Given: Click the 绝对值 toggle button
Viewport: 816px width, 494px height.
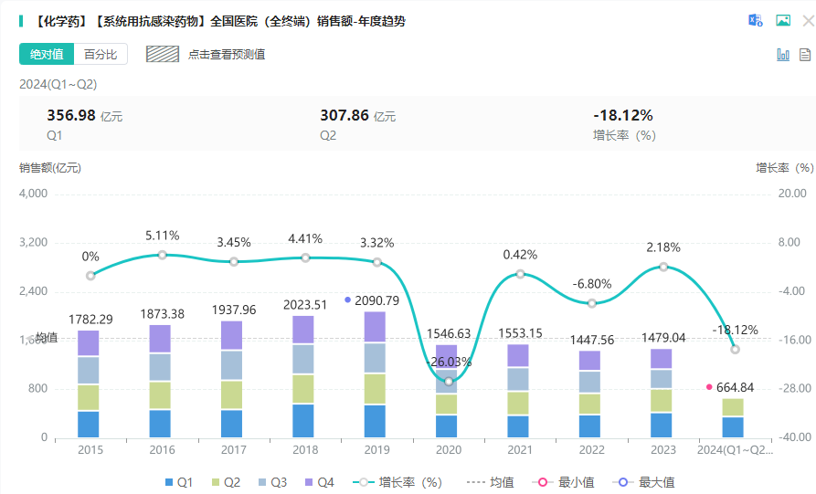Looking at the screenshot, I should [47, 54].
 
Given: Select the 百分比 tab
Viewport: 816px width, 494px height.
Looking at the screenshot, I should [101, 54].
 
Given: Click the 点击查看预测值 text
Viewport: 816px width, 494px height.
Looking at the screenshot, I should [227, 54].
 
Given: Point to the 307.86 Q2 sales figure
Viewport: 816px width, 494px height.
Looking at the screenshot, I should [345, 115].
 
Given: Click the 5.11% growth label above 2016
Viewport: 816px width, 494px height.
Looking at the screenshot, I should [162, 236].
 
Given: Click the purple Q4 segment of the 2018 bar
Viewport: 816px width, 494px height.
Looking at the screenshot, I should [303, 330].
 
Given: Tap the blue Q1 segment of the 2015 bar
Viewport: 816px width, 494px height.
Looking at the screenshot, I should [89, 424].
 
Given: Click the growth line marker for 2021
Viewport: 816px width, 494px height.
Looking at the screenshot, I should [520, 274].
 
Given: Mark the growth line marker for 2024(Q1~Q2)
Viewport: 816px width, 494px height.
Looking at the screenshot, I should [735, 349].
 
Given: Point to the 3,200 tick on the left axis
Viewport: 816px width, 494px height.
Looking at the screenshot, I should [34, 243].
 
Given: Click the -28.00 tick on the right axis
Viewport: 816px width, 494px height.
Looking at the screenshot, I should [790, 389].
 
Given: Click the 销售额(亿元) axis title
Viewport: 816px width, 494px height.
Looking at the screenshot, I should [50, 168].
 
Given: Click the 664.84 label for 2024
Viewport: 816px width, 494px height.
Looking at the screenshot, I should [736, 387].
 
